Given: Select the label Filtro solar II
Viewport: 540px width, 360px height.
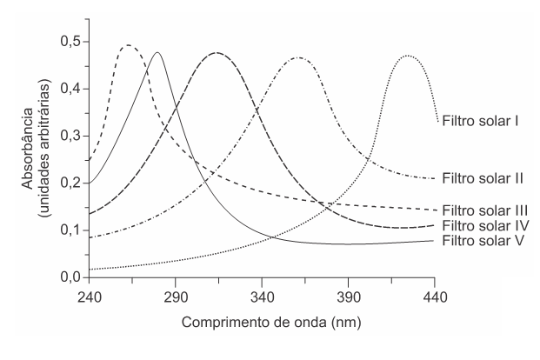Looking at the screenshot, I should point(483,178).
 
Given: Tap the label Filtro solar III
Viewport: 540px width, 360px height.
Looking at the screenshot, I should point(485,210).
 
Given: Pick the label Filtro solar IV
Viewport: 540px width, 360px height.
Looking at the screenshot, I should point(485,227).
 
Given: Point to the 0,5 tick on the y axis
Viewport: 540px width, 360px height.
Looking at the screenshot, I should point(69,42).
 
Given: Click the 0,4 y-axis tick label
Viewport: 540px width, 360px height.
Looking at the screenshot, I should point(69,89).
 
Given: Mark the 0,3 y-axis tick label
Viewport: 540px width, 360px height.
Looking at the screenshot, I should point(69,136).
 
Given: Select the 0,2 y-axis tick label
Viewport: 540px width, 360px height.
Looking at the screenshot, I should point(69,183).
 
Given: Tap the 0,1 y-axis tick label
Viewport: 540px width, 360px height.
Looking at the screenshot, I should point(69,230).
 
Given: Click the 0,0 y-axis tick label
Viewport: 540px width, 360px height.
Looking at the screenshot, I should point(69,277).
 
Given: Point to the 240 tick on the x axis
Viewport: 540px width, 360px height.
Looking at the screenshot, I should point(90,296).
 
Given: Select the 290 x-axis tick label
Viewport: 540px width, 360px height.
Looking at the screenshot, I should point(176,296).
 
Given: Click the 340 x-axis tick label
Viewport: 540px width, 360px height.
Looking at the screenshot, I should point(262,296).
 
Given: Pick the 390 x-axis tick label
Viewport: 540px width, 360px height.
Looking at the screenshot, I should point(348,296).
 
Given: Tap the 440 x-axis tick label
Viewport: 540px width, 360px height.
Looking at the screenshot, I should point(435,296).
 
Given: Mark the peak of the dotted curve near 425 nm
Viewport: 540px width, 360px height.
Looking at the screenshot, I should point(407,56).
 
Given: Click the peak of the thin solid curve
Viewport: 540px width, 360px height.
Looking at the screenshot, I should point(157,52).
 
